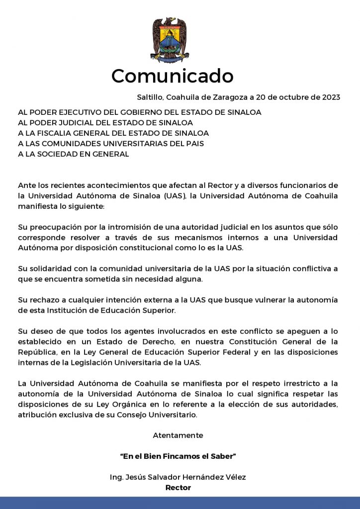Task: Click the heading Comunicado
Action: coord(172,76)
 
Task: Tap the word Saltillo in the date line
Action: coord(149,97)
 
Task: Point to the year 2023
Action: coord(330,97)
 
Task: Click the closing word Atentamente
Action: coord(178,435)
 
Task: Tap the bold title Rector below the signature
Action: coord(178,488)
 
